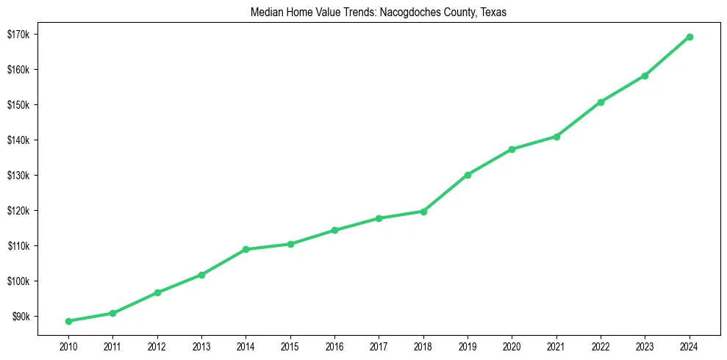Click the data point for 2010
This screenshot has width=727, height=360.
[68, 321]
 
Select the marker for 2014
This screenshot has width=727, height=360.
[246, 250]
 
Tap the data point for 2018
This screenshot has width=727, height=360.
[423, 212]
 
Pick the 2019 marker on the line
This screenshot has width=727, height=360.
[468, 175]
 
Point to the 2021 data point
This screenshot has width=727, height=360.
[556, 137]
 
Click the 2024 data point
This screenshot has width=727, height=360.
[690, 37]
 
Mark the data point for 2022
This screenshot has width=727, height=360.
[601, 102]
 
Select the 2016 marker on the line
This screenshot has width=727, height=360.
[334, 230]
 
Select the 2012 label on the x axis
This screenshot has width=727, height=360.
[157, 345]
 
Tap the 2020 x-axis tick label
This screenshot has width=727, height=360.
[512, 345]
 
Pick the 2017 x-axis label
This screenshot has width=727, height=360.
[379, 345]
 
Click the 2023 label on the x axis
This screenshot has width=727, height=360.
[645, 345]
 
